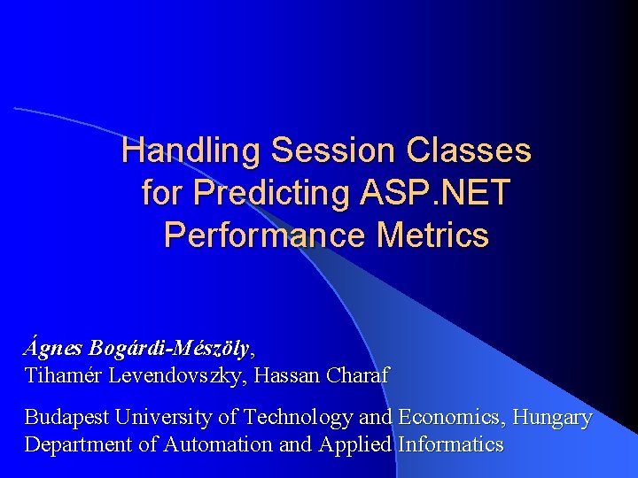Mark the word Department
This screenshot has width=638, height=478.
tap(79, 444)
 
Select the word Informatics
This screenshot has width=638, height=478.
tap(451, 444)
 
